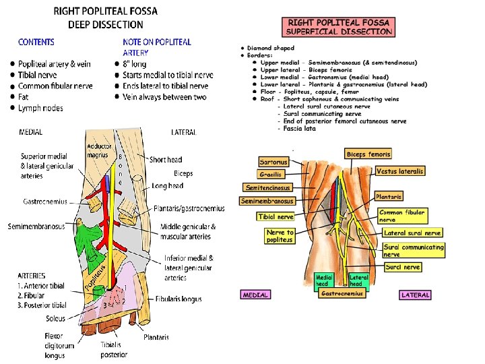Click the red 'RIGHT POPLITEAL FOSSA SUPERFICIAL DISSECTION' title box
[x=339, y=26]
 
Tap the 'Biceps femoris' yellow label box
[x=368, y=154]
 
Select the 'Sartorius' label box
[x=273, y=162]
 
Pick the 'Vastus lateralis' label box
[x=400, y=171]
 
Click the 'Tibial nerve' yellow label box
[x=276, y=217]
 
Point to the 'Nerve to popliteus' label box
[x=280, y=236]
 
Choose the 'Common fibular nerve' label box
[x=401, y=216]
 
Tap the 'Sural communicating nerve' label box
[x=414, y=250]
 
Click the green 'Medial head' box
[x=324, y=280]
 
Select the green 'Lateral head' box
[x=359, y=280]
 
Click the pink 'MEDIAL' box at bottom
[x=255, y=295]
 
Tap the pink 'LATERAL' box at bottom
[x=415, y=295]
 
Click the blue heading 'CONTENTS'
[x=36, y=42]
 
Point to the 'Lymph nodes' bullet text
[x=40, y=109]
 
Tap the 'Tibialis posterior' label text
[x=114, y=349]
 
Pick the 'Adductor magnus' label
[x=98, y=151]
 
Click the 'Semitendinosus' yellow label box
[x=268, y=188]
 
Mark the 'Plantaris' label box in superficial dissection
[x=389, y=197]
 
